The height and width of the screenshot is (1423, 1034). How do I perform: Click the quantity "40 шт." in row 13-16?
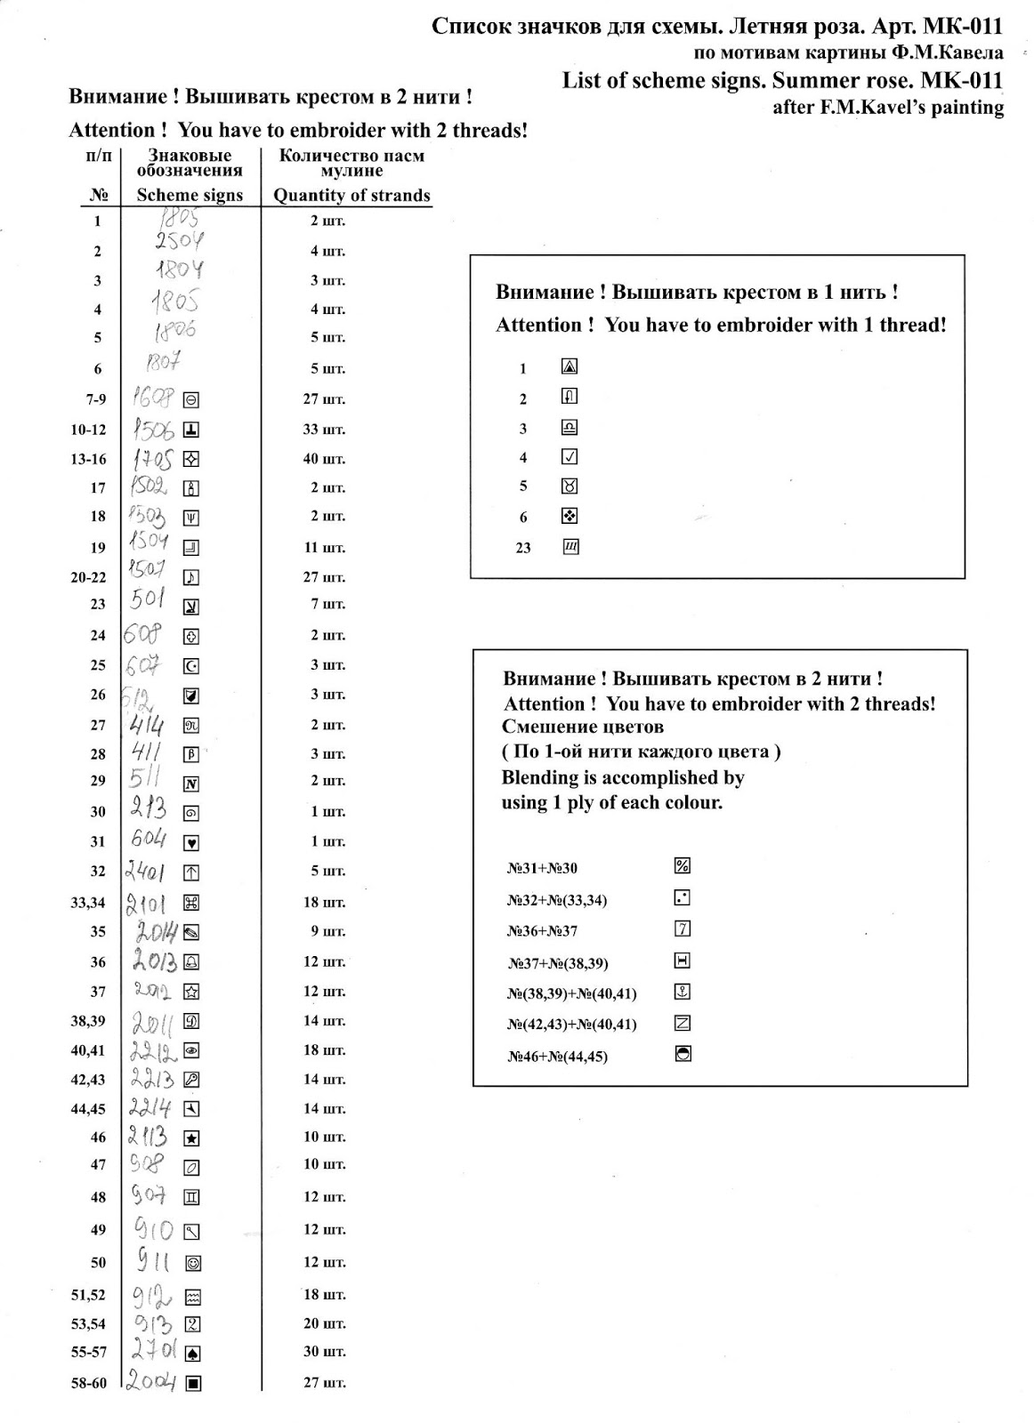324,459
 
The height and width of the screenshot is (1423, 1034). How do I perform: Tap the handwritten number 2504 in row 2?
179,241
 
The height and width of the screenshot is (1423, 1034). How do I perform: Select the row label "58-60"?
89,1383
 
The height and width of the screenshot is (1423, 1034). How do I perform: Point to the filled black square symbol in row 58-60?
192,1383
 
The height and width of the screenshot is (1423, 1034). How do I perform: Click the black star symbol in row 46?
191,1138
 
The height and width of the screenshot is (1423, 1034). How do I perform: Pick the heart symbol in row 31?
191,842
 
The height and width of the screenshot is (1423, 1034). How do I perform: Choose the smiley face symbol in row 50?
192,1263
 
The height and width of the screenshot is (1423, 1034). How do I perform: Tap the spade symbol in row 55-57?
192,1354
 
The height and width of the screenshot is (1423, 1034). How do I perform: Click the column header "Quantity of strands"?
351,196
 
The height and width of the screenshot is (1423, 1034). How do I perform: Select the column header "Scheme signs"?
190,196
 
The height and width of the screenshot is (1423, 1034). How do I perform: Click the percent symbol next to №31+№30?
683,866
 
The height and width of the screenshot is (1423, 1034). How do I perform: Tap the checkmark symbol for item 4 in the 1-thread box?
570,457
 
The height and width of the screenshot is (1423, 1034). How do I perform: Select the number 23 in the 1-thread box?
523,548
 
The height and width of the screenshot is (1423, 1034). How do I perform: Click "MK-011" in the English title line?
962,81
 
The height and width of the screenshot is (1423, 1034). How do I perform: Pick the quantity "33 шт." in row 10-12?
324,430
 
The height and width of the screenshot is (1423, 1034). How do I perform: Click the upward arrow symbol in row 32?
191,872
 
